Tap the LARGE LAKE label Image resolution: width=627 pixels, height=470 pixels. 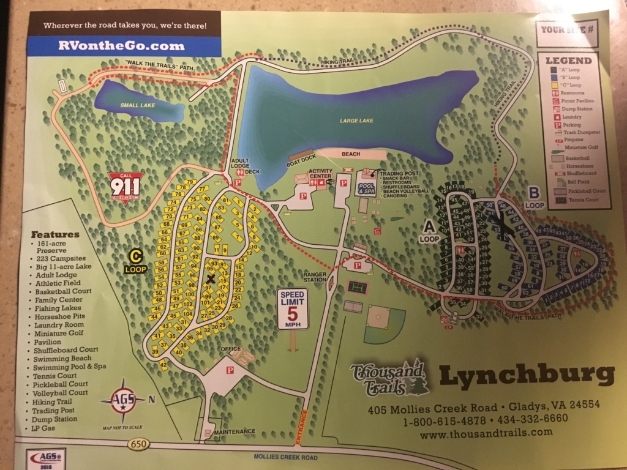tap(356, 121)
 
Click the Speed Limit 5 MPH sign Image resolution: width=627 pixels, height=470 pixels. tap(292, 309)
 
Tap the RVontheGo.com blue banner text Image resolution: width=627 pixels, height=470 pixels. tap(121, 45)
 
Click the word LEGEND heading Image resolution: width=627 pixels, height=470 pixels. tap(569, 61)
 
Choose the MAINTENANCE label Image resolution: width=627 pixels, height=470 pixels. tap(235, 431)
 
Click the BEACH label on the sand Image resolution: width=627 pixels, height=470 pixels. tap(351, 154)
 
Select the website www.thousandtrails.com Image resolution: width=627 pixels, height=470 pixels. tap(486, 432)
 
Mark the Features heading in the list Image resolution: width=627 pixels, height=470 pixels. tap(55, 234)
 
